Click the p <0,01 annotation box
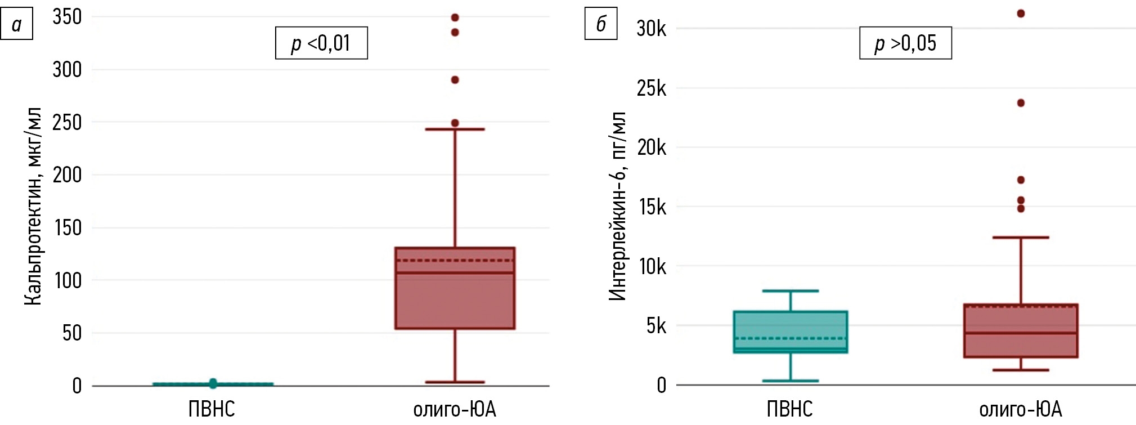pos(321,43)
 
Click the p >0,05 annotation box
pos(905,43)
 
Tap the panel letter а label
pos(16,24)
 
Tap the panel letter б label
pos(601,24)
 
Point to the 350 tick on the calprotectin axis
pos(67,17)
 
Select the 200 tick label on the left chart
pos(67,175)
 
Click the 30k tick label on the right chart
pos(651,29)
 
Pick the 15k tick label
pos(652,207)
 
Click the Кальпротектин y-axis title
pos(33,206)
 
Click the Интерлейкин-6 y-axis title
pos(617,206)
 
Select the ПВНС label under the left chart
pos(212,409)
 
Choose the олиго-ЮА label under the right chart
pos(1021,409)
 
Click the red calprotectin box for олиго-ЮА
pos(455,298)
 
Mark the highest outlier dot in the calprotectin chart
pos(455,17)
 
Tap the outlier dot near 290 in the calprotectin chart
pos(455,80)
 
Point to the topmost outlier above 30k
pos(1021,14)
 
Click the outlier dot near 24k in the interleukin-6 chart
pos(1021,103)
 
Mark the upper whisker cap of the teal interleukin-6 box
pos(791,291)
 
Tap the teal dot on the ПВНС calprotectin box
pos(213,383)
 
